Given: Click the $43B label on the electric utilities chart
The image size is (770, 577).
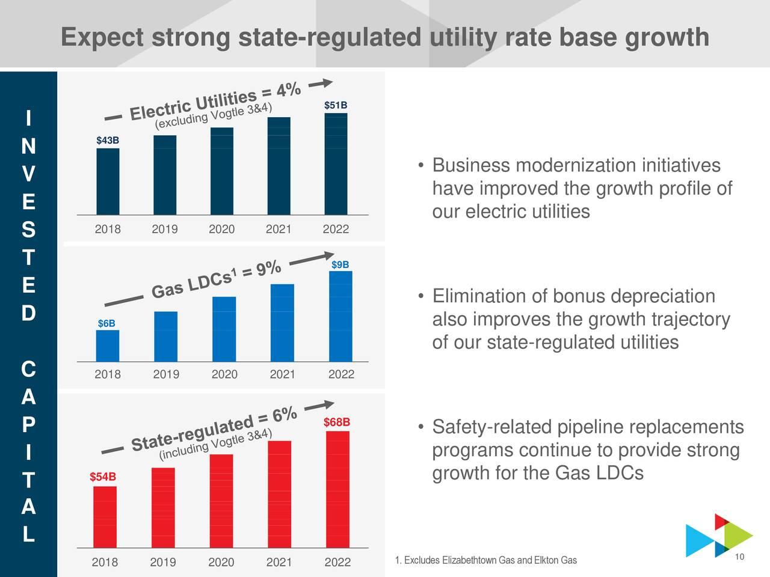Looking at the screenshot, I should click(108, 141).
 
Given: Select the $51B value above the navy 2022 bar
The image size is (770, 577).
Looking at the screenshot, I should click(335, 106).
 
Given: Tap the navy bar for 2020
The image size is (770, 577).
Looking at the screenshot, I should click(222, 171).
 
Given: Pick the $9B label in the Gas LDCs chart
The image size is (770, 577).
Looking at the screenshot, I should click(340, 265).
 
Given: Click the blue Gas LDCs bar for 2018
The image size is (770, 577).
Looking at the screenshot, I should click(108, 346).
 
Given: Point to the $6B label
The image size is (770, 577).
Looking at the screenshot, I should click(106, 324).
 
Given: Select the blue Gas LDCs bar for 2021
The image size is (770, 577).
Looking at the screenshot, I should click(282, 323).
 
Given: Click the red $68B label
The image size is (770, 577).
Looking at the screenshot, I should click(336, 421).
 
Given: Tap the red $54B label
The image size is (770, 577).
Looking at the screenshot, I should click(102, 477).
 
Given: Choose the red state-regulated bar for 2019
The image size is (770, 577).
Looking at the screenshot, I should click(163, 508).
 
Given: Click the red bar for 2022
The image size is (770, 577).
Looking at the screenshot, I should click(337, 490).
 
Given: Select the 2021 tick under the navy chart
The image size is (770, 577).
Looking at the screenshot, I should click(278, 230).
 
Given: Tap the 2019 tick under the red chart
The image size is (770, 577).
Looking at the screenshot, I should click(163, 563).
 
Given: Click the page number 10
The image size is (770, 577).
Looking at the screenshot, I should click(740, 557).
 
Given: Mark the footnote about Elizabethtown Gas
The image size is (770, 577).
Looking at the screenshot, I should click(485, 561).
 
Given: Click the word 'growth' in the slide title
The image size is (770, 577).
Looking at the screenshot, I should click(668, 38).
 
